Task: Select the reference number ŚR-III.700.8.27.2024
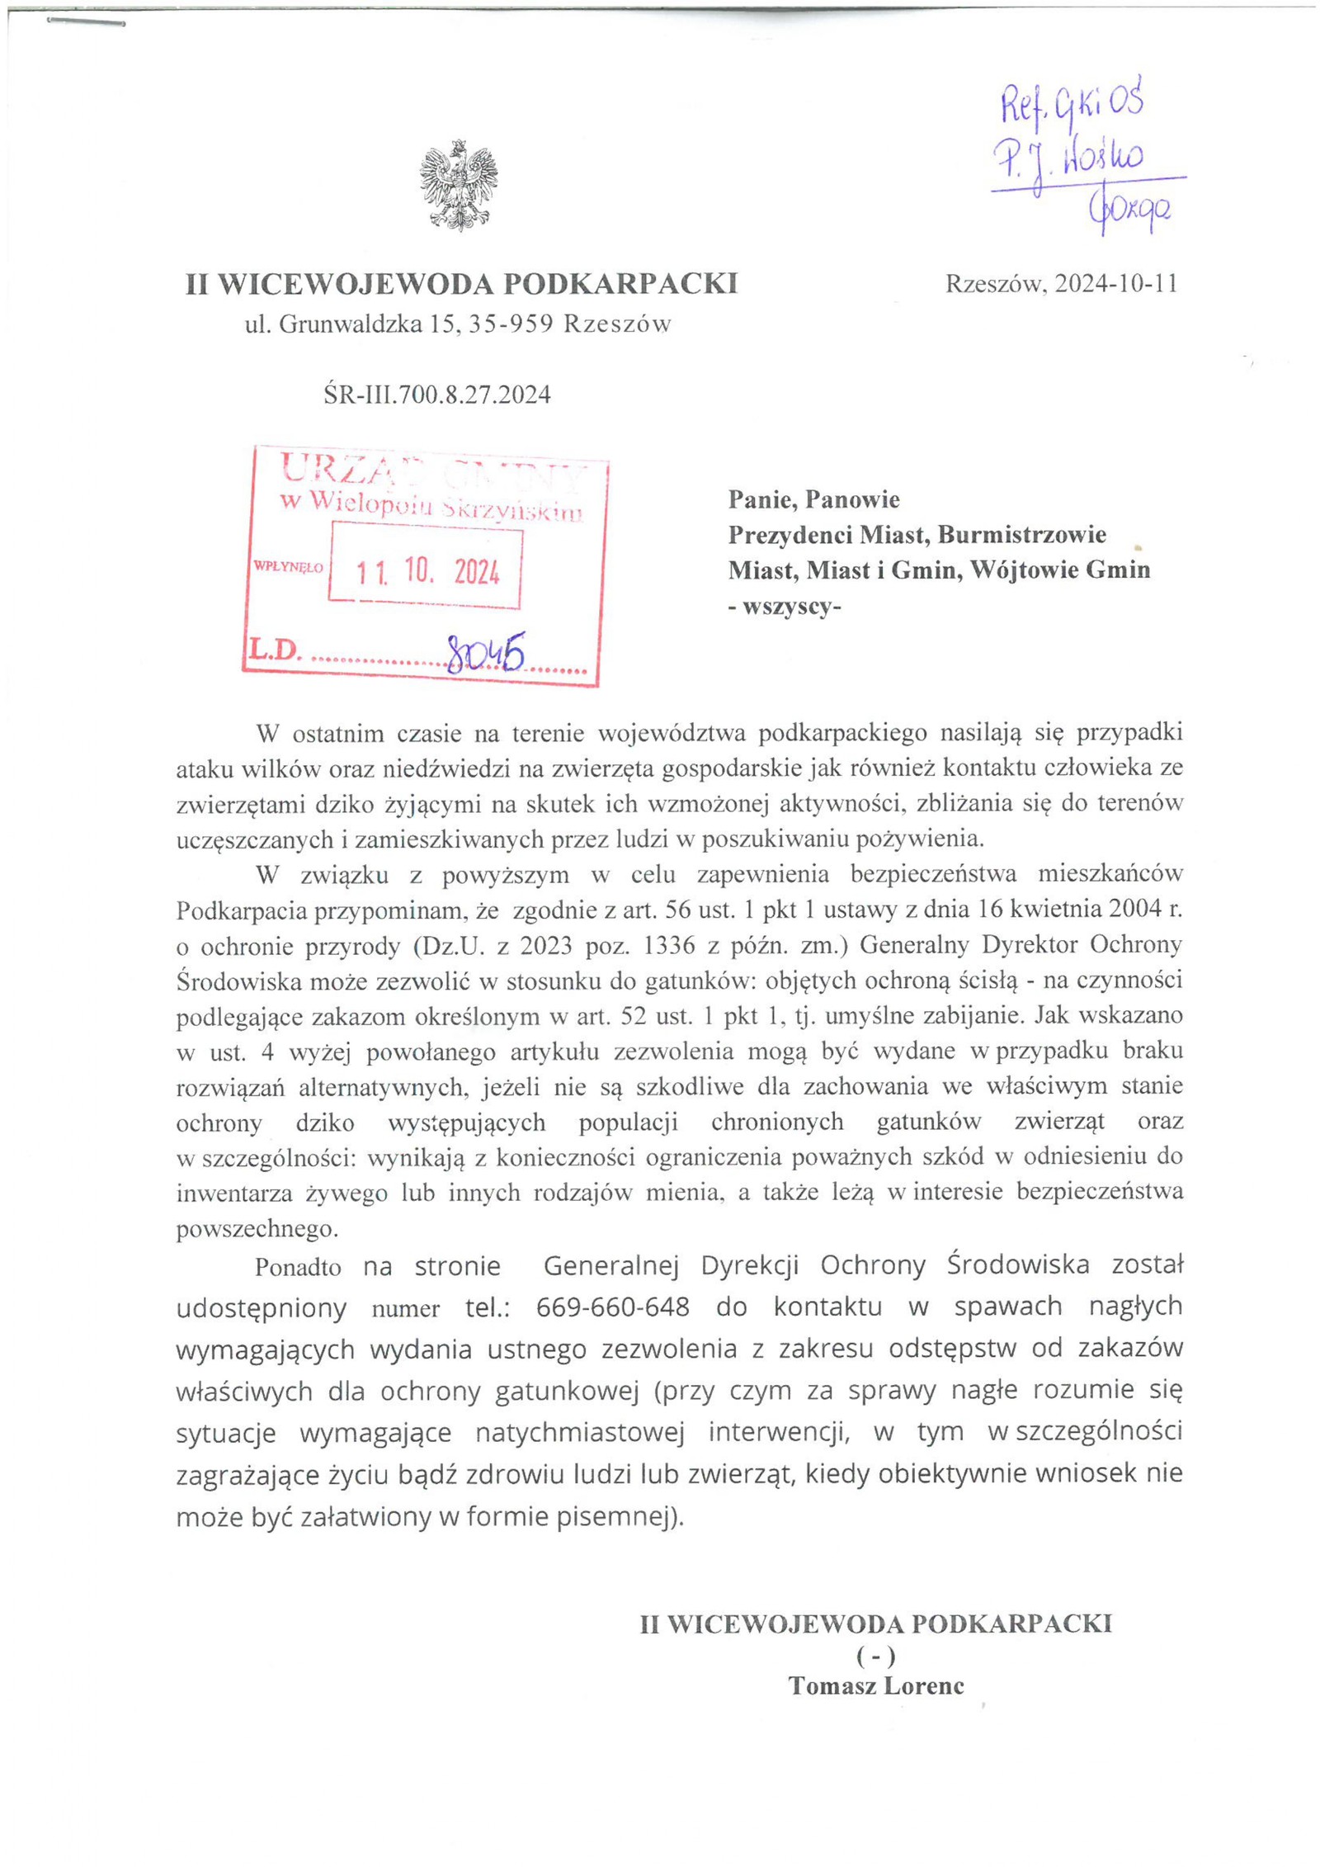pyautogui.click(x=436, y=395)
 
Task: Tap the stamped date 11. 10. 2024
pyautogui.click(x=427, y=571)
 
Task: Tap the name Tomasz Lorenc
pyautogui.click(x=875, y=1685)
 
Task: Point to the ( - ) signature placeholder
pyautogui.click(x=875, y=1655)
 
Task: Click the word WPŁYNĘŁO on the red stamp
pyautogui.click(x=288, y=568)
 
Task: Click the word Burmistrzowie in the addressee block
pyautogui.click(x=1021, y=535)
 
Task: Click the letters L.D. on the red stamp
pyautogui.click(x=276, y=650)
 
